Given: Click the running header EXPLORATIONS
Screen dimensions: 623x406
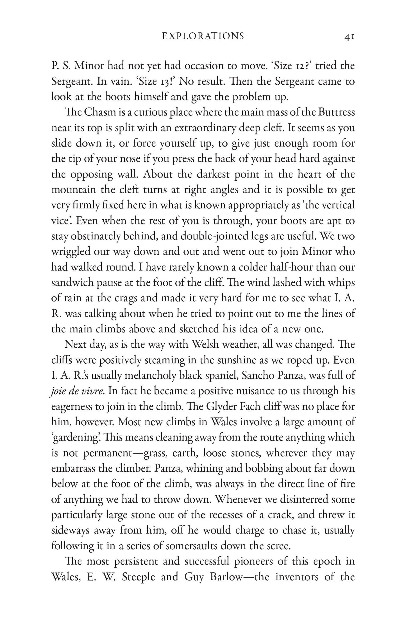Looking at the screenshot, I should pos(203,37).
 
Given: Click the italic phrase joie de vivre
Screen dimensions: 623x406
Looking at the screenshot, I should pos(76,391).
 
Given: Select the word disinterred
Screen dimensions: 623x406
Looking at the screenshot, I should pos(296,500).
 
